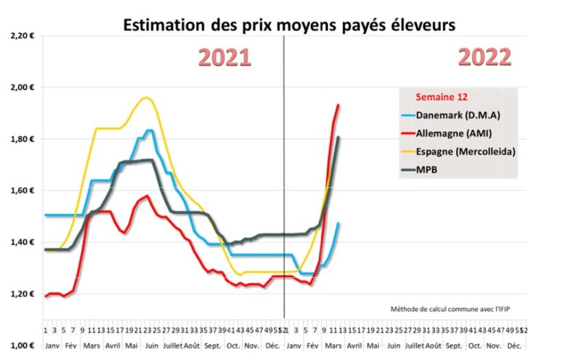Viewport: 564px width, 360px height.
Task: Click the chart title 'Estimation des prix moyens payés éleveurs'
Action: [289, 25]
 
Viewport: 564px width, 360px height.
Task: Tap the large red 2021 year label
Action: [224, 58]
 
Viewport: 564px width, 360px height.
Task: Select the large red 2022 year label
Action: [485, 58]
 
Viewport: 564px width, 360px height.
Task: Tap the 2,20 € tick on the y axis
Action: [23, 35]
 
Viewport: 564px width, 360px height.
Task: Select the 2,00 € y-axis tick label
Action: [23, 87]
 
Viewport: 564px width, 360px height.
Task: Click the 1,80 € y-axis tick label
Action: [23, 138]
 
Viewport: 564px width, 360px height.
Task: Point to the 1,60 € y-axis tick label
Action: [23, 190]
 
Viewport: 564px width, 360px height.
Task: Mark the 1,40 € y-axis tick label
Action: [23, 242]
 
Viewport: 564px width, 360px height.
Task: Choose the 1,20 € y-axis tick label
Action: [23, 294]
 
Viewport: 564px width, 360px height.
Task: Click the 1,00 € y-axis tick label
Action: [23, 346]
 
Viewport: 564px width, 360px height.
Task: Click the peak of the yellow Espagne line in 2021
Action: [145, 98]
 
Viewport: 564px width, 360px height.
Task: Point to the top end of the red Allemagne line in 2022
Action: [338, 105]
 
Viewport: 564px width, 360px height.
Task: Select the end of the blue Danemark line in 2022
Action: [338, 223]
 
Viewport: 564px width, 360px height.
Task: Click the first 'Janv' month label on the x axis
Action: [52, 342]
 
